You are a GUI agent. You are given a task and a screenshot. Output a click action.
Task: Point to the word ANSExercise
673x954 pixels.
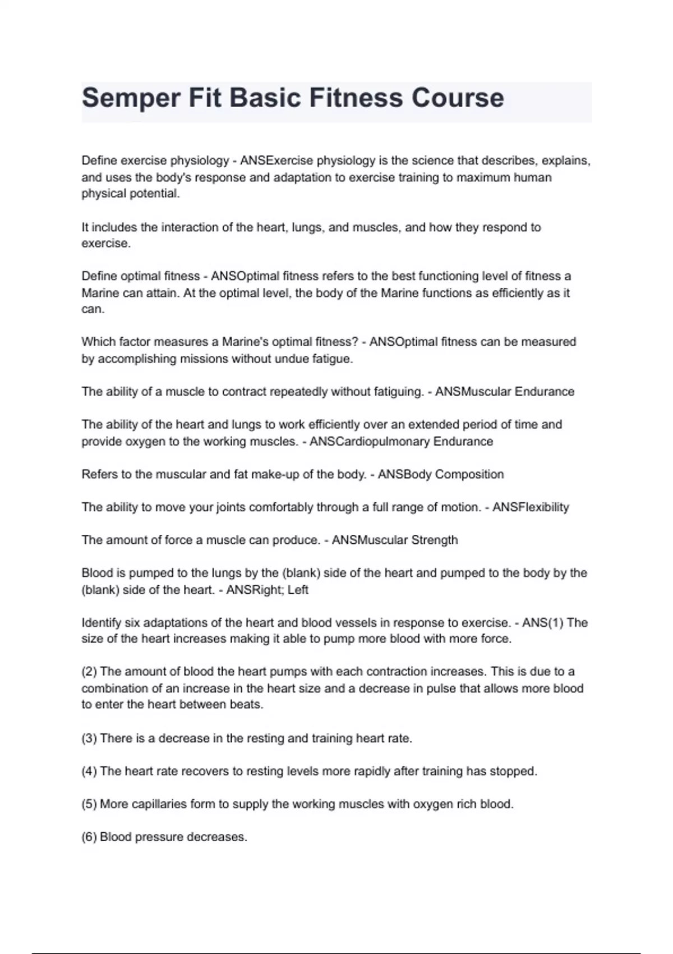(x=277, y=160)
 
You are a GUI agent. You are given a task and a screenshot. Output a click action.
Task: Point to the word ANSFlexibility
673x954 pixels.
(x=531, y=507)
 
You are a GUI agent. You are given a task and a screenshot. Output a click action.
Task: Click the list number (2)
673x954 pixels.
(x=89, y=672)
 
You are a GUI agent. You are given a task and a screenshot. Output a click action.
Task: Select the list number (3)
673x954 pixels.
(x=89, y=739)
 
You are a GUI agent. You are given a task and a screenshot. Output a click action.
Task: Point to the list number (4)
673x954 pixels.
(x=89, y=771)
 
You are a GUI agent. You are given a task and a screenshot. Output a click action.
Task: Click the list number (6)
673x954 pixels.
(x=89, y=837)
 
